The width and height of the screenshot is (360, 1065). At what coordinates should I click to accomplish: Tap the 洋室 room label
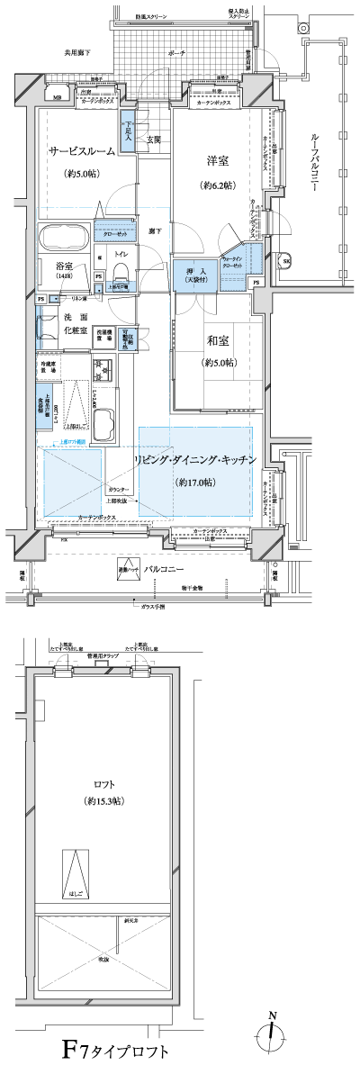[217, 161]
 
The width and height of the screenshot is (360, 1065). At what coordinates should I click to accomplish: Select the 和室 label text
[217, 342]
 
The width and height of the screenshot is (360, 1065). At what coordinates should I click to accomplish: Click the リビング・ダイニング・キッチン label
[195, 460]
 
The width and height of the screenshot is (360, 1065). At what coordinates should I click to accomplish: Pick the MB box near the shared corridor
[57, 96]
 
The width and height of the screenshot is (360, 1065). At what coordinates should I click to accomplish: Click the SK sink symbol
[287, 262]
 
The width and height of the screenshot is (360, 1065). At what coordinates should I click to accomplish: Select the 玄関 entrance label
[153, 139]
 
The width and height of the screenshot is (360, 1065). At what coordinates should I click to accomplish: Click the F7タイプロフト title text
[114, 1049]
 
